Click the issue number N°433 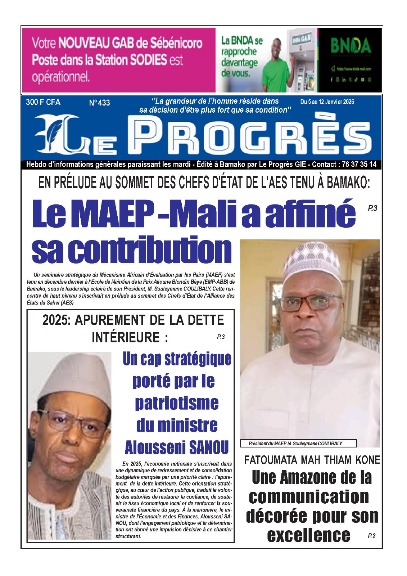(x=99, y=103)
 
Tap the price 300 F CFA (x=43, y=102)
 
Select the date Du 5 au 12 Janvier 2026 (x=327, y=102)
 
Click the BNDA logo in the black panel (x=351, y=46)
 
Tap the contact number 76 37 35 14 (x=359, y=165)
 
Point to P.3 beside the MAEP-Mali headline (x=372, y=208)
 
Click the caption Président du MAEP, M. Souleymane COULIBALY (x=295, y=444)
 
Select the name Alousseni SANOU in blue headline (x=177, y=448)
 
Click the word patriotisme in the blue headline (x=177, y=403)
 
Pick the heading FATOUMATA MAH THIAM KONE (x=312, y=460)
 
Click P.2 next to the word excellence (x=371, y=536)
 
